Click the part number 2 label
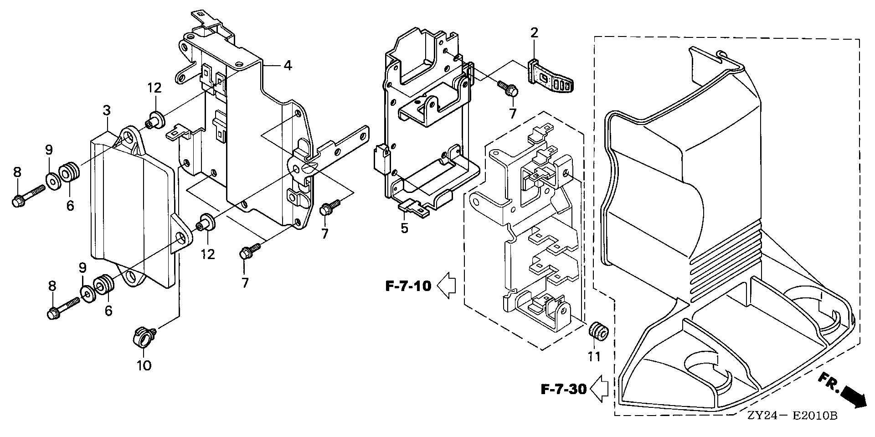click(x=534, y=32)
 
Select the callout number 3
click(x=107, y=110)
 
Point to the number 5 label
click(x=405, y=228)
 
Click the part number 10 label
click(x=144, y=365)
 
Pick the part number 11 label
click(x=594, y=356)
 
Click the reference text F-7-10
click(x=408, y=286)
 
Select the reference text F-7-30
click(x=563, y=390)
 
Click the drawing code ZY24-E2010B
click(x=792, y=416)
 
